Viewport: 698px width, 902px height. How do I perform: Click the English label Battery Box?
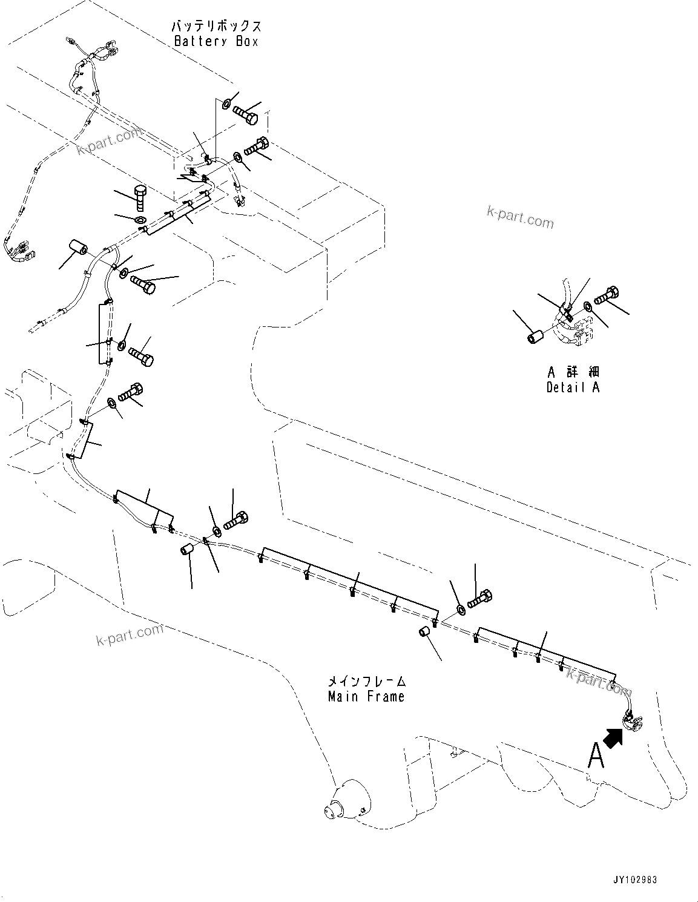(216, 42)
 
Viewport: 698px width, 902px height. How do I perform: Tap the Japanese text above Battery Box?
(216, 26)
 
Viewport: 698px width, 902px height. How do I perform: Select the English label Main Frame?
(366, 697)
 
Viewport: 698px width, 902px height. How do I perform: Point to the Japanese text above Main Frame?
(366, 682)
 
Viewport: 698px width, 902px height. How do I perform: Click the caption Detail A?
(572, 387)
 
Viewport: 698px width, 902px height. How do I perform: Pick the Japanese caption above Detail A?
(572, 372)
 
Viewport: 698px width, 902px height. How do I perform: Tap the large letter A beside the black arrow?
(596, 755)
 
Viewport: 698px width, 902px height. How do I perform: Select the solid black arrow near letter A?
(614, 738)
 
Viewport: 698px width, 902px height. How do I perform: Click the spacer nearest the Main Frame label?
(425, 633)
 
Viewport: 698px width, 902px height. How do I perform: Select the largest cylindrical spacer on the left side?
(78, 248)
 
